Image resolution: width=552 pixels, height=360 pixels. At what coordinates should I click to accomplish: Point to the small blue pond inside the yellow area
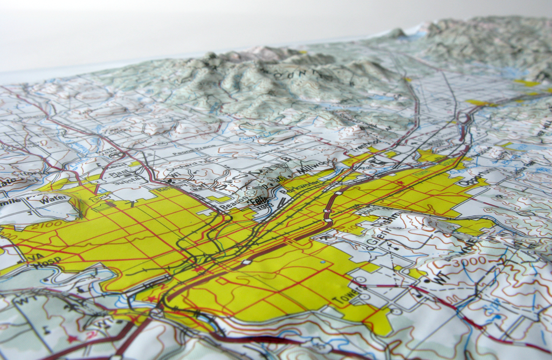pos(322,262)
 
